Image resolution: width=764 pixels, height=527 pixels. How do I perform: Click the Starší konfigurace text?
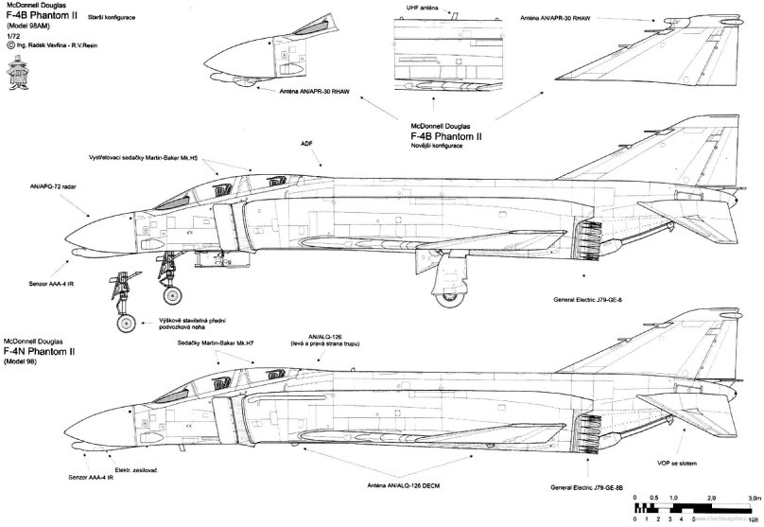point(110,18)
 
